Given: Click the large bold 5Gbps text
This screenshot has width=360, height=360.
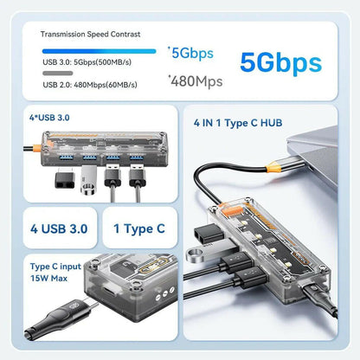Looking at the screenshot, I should tap(280, 62).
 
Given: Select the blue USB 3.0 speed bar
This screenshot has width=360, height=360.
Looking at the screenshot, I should tap(98, 51).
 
